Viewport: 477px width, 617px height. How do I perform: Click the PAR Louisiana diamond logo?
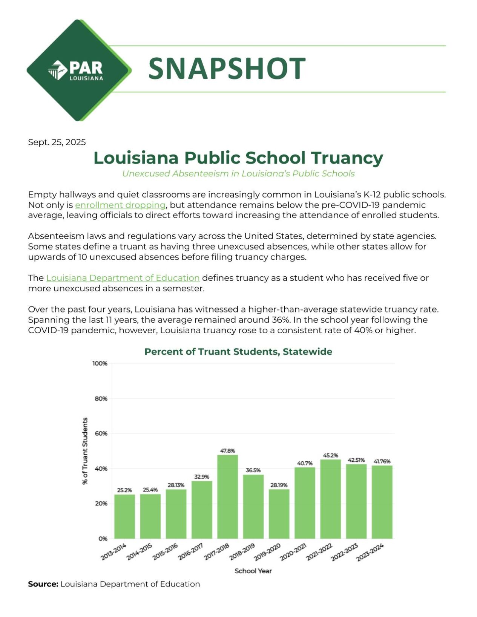coord(78,70)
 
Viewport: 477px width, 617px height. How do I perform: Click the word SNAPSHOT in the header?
coord(227,69)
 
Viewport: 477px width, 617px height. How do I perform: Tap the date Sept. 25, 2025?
coord(57,142)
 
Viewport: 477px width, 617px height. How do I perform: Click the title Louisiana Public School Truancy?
coord(238,158)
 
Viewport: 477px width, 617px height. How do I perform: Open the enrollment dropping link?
coord(120,205)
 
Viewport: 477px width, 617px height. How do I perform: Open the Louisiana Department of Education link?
coord(123,278)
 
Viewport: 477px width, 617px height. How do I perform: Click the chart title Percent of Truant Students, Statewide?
coord(238,352)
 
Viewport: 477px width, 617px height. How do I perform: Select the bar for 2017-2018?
coord(227,496)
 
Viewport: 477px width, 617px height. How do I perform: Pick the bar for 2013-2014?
coord(124,516)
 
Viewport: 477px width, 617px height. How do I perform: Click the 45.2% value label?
coord(330,455)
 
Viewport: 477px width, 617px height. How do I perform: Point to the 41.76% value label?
coord(382,461)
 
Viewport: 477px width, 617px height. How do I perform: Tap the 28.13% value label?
coord(176,485)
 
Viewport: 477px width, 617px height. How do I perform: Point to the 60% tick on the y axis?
coord(101,433)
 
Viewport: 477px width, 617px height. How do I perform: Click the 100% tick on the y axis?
coord(100,363)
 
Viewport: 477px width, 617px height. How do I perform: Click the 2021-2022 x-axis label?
coord(319,552)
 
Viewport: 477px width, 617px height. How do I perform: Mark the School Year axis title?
coord(253,571)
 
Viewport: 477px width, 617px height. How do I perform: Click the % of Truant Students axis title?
coord(85,451)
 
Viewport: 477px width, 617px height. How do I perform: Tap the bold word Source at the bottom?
coord(43,584)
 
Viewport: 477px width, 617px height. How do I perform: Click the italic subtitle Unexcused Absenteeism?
coord(238,174)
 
